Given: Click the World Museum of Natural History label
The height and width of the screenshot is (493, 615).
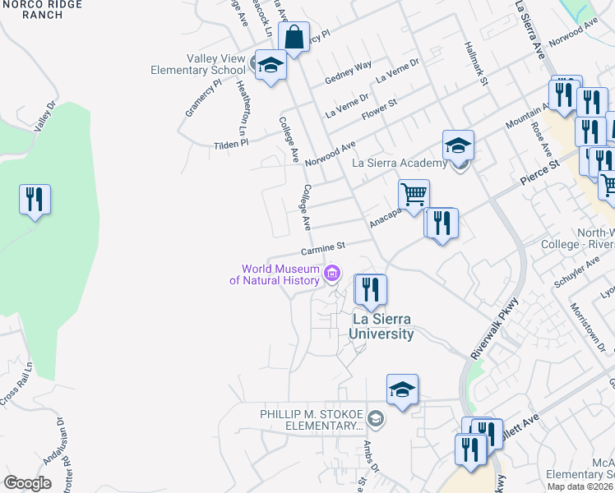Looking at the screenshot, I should (279, 274).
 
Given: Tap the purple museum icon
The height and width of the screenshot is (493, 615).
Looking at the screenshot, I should (333, 274).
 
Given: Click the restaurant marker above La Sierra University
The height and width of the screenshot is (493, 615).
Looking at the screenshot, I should (370, 290).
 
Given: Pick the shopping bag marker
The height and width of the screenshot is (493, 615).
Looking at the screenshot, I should (294, 38).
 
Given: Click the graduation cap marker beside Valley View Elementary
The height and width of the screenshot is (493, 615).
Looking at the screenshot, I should (270, 66).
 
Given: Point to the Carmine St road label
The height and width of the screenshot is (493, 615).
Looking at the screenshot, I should (322, 246).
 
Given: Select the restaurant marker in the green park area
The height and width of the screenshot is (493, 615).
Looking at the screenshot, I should (35, 200).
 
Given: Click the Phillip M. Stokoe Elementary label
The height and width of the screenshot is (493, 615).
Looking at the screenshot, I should (313, 419).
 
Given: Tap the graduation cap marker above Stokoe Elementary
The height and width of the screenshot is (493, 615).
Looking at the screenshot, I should (402, 389).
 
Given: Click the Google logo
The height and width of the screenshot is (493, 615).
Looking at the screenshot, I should (27, 482).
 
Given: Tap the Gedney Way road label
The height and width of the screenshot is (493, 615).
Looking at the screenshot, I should (348, 71).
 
